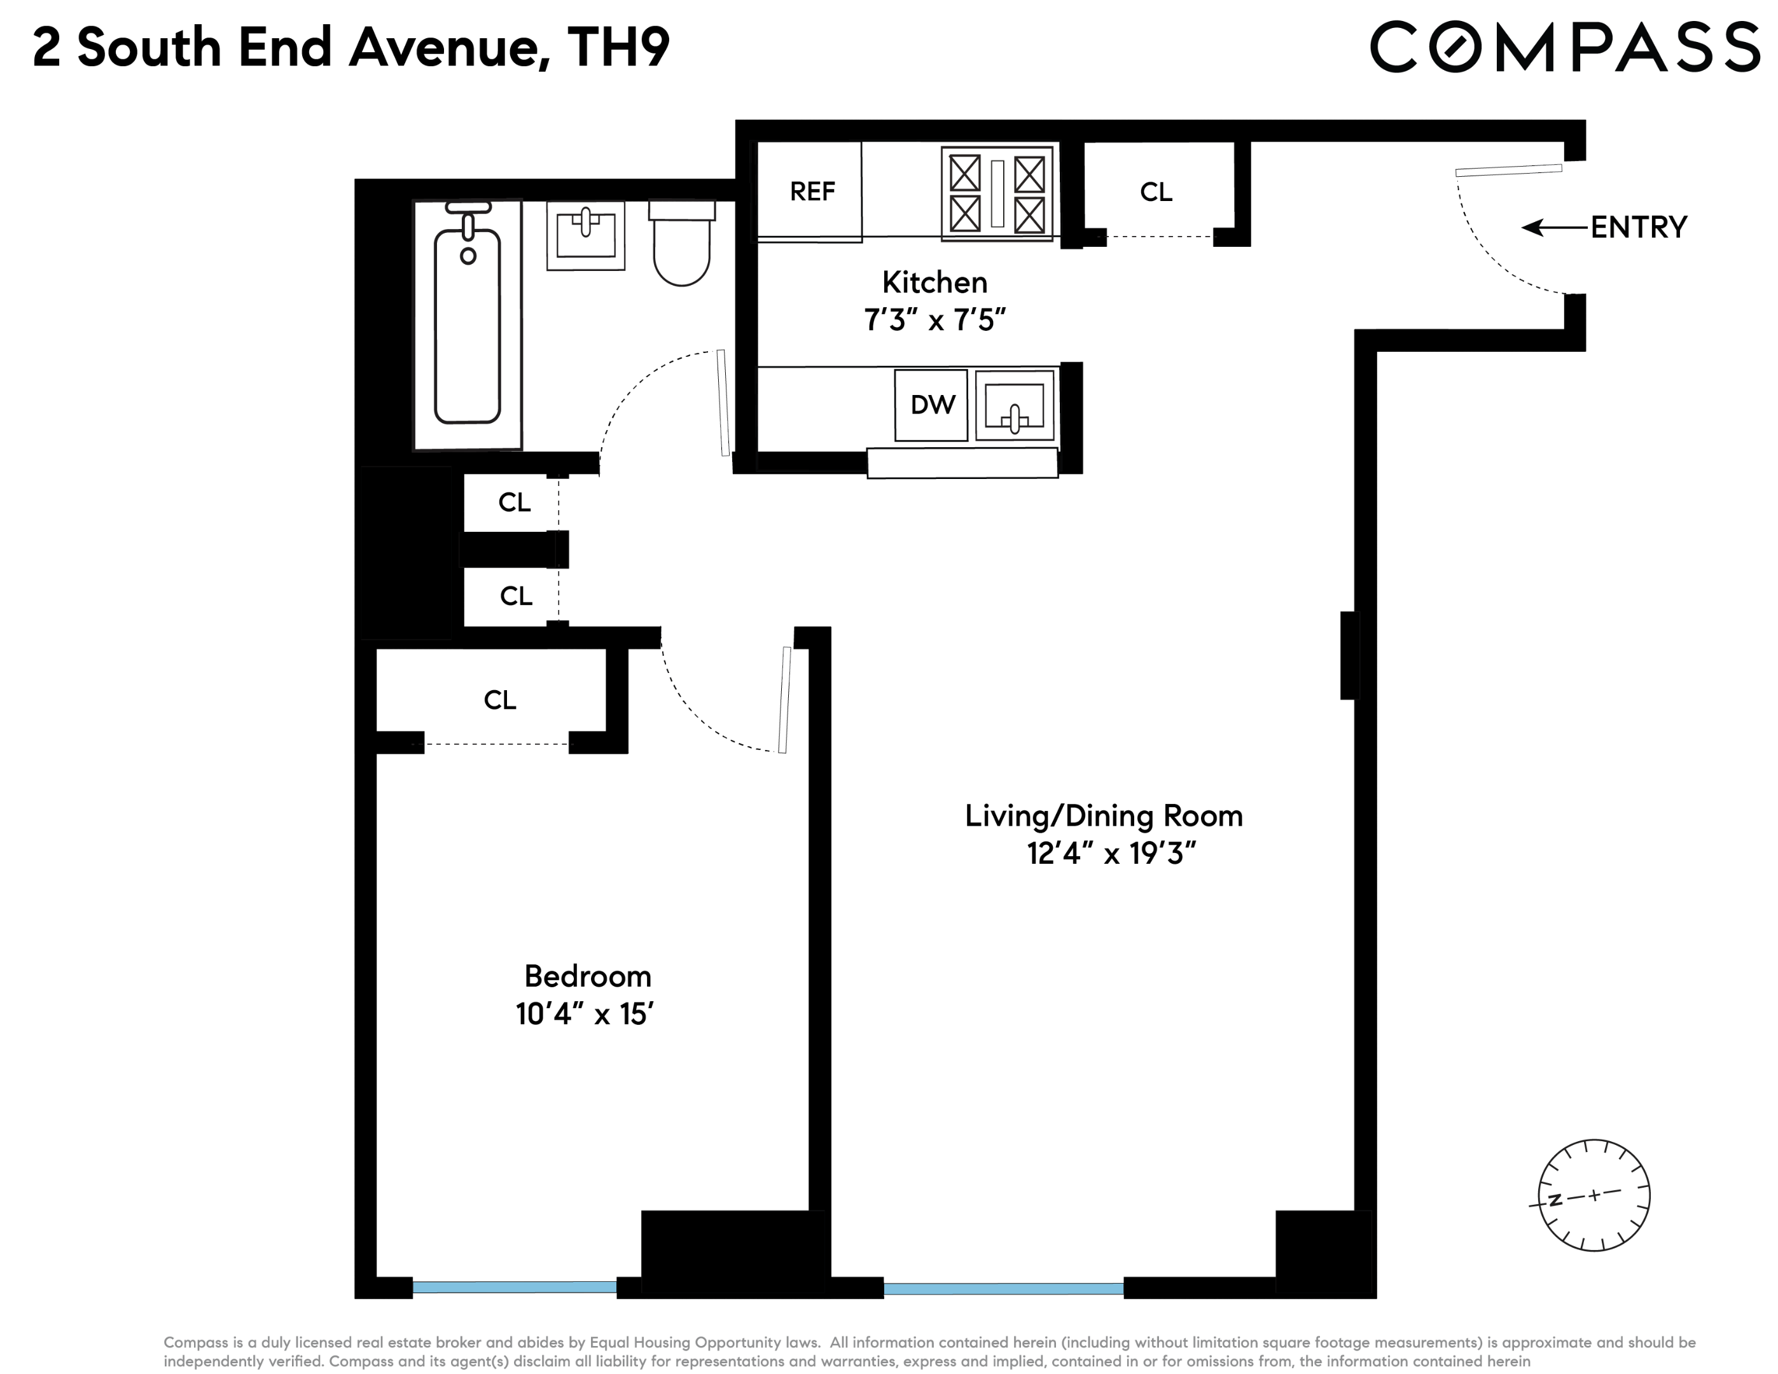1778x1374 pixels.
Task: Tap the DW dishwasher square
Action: pos(931,405)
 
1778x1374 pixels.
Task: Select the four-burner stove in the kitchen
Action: pos(997,193)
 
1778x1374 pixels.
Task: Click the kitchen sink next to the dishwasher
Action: pos(1015,405)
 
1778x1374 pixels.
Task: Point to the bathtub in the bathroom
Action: pos(468,324)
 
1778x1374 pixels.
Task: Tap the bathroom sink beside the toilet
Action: pos(585,236)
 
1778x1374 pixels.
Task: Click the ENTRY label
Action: pos(1639,228)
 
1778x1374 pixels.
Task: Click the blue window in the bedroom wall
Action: pos(515,1287)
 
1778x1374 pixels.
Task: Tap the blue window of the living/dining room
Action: pos(1004,1289)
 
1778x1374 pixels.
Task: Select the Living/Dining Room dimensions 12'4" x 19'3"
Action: pos(1111,854)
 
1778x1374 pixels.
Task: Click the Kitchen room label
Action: pos(934,282)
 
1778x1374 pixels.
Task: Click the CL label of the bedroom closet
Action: pos(500,700)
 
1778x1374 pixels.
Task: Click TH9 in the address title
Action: pos(619,47)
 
